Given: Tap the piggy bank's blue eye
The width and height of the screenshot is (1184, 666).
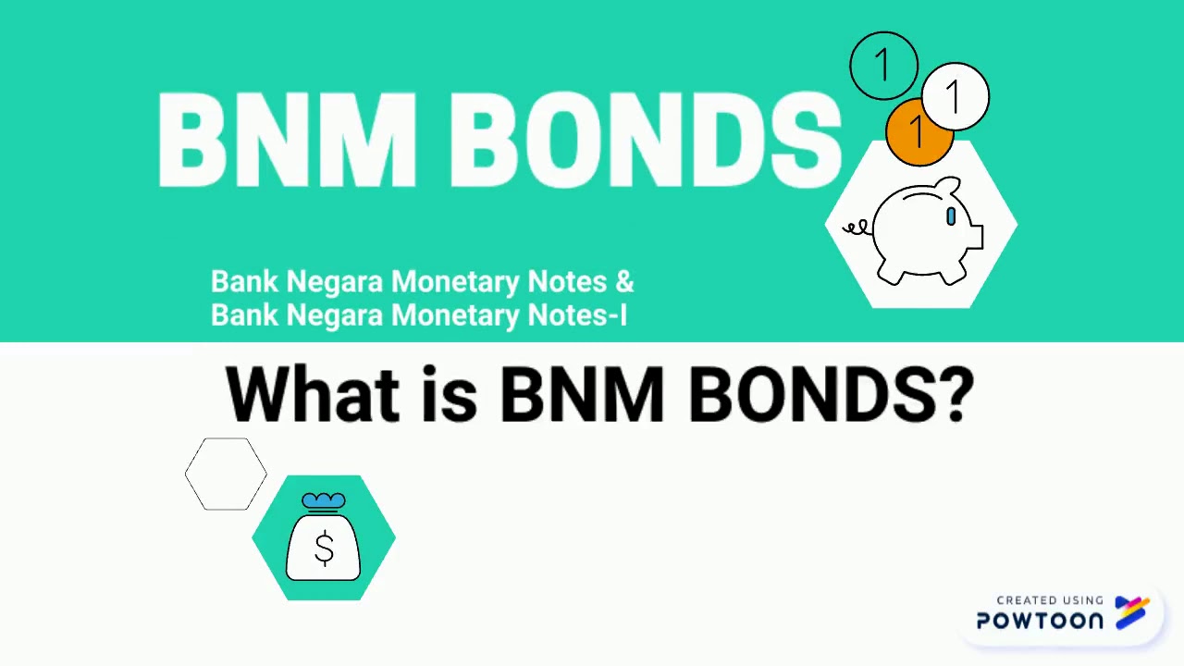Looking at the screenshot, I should pos(951,216).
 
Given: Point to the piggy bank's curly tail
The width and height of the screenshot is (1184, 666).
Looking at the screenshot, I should pos(857,227).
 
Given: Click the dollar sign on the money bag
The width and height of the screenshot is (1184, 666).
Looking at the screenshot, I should pos(324,549).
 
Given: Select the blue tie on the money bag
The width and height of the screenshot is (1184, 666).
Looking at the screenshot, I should pos(324,502).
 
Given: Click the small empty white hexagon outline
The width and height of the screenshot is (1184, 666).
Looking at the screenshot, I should pos(226,474).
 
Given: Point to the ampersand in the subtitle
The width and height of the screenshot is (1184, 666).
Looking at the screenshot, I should pos(624,281).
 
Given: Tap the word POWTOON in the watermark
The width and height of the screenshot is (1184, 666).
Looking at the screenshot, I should pos(1041,621).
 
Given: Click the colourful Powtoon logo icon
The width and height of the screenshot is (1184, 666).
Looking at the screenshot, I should pos(1132,612).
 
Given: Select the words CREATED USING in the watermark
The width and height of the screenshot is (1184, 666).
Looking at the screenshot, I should pos(1050,600).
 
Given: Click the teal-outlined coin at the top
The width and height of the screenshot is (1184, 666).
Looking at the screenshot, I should pos(883,66).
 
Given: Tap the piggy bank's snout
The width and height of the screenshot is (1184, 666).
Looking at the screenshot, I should pos(973,237).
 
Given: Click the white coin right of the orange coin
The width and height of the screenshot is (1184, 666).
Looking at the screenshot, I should pos(956,95).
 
